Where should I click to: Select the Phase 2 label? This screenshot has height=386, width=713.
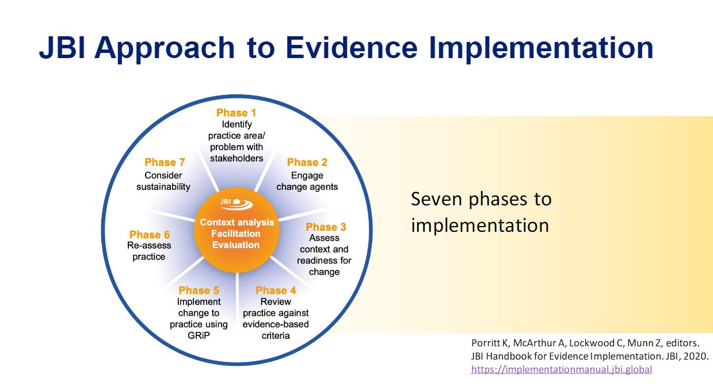(307, 162)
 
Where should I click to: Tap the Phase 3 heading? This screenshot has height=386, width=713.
(326, 227)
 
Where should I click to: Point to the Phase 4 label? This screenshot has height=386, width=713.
(276, 291)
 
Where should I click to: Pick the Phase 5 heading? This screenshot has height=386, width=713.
(199, 291)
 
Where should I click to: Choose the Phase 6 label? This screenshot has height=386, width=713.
(150, 235)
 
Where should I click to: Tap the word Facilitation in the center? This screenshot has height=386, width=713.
(237, 234)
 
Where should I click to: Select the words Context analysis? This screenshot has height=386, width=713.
(237, 222)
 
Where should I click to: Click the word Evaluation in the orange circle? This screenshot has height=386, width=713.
(237, 244)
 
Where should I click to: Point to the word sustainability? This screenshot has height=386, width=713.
(163, 187)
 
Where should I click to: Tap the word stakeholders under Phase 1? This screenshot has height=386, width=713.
(236, 158)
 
